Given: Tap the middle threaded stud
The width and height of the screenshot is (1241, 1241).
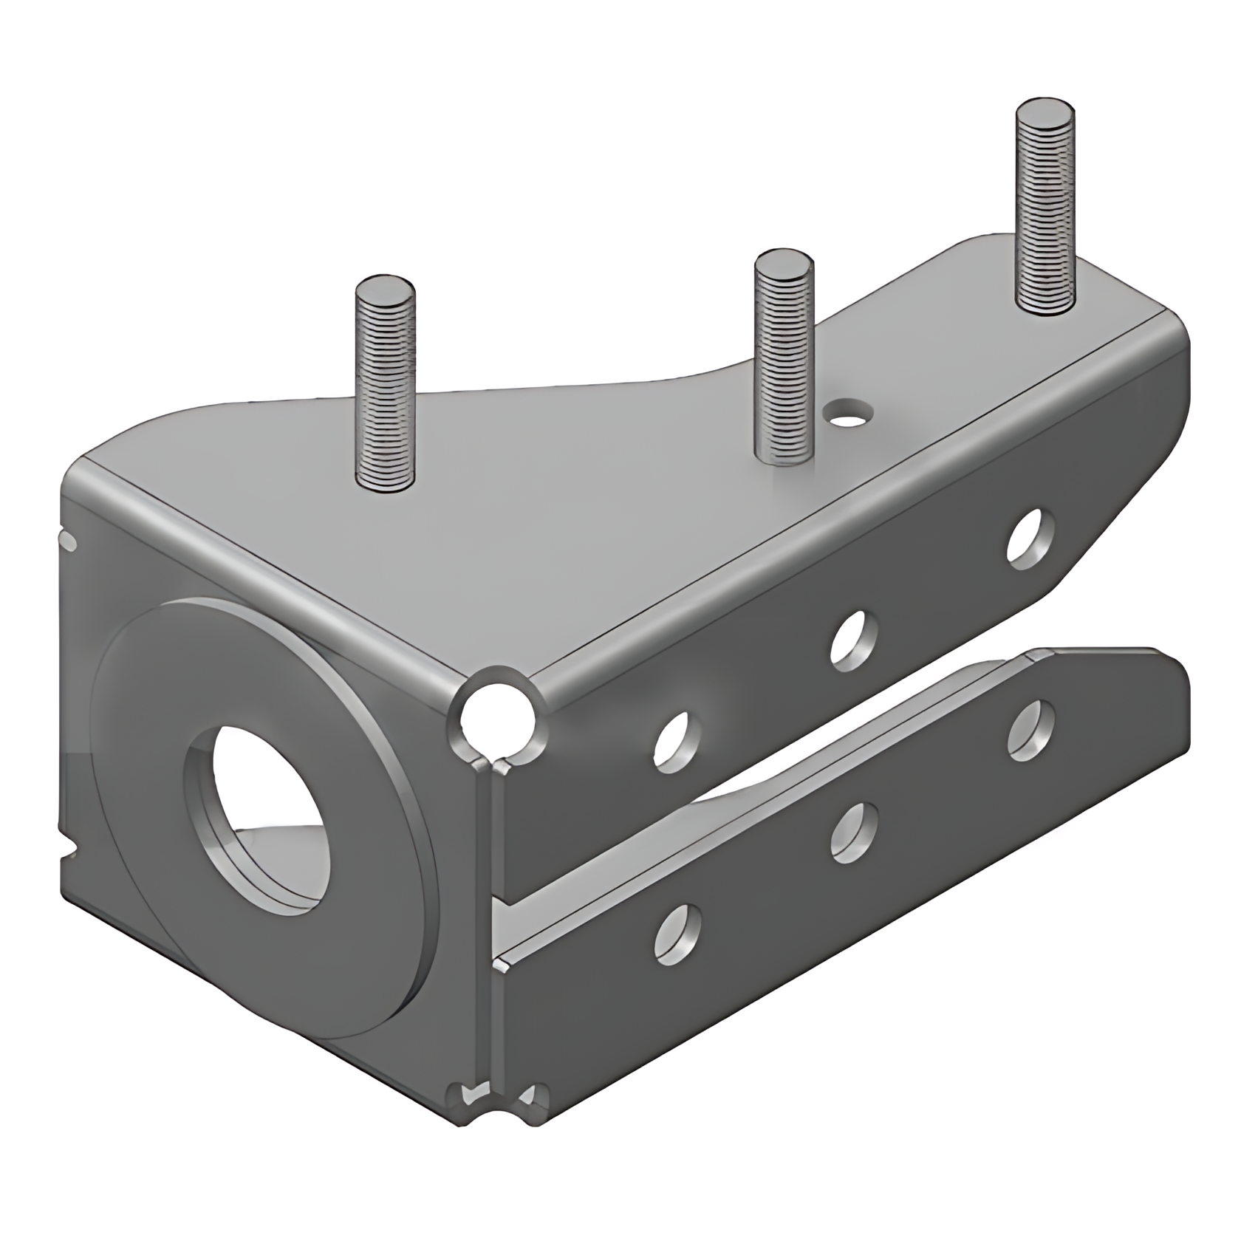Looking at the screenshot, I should [x=783, y=362].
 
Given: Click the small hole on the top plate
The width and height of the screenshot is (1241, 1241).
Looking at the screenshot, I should [x=851, y=411].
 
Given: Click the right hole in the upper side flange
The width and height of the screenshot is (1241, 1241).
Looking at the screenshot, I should [x=1030, y=539].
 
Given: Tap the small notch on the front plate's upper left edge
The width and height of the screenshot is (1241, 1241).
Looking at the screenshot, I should [x=68, y=541].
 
